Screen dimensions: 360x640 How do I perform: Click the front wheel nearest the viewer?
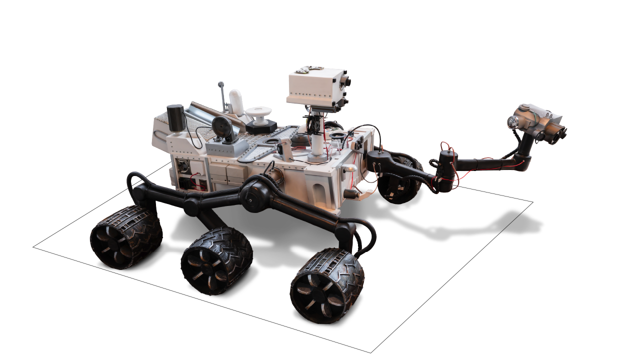pyautogui.click(x=327, y=286)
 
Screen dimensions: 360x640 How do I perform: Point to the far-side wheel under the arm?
pyautogui.click(x=399, y=182)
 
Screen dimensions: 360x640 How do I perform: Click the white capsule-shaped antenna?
pyautogui.click(x=236, y=102)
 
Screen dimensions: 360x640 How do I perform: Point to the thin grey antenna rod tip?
pyautogui.click(x=219, y=84)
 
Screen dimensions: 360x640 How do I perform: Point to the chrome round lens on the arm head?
pyautogui.click(x=512, y=121)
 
